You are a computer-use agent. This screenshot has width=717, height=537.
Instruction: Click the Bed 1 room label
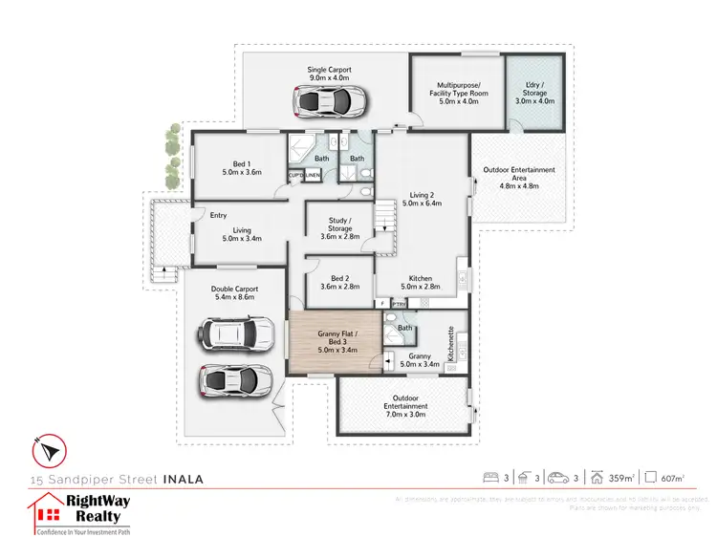[241, 167]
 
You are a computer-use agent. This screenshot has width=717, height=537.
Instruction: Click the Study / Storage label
[339, 229]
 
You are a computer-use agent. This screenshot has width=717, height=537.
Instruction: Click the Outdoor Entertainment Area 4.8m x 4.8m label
[518, 177]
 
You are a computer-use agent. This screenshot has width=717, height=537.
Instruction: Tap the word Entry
[219, 215]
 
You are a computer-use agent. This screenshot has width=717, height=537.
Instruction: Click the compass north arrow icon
[51, 447]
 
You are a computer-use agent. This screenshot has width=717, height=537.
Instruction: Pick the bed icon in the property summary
[490, 477]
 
